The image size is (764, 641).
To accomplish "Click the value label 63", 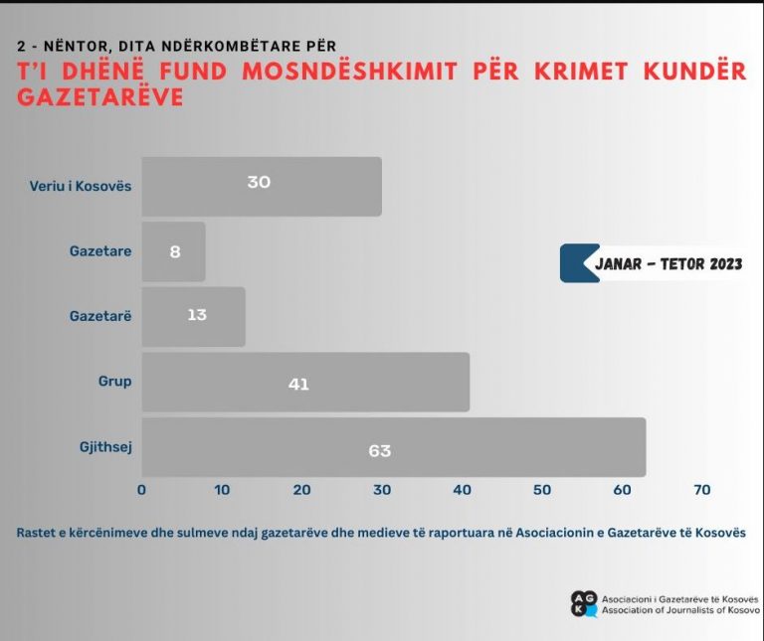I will coord(379,450).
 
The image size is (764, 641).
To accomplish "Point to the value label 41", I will coord(298,384).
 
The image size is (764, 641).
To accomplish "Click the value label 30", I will coord(259,182).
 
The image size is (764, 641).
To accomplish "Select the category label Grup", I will coord(114,382).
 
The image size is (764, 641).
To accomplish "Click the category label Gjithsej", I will coord(105,446).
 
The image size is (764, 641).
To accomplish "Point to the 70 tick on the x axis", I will coord(701,490).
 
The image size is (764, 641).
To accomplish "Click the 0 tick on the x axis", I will coord(141,490).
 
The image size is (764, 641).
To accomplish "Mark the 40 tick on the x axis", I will coord(463,490).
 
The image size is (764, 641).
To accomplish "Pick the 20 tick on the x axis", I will coord(301,490).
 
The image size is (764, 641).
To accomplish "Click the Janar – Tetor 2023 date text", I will coord(668,263).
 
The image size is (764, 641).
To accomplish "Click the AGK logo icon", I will coord(584,603).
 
